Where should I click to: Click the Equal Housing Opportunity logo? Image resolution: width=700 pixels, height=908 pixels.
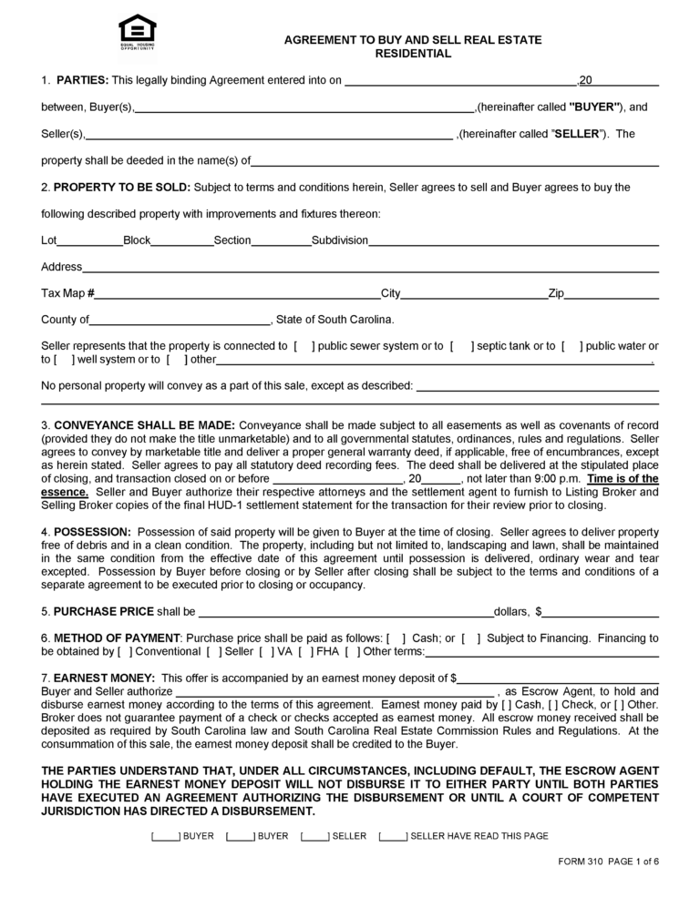click(x=138, y=30)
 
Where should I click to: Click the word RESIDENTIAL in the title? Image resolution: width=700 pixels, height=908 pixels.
click(x=413, y=54)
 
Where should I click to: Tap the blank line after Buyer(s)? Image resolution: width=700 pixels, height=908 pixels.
click(x=304, y=107)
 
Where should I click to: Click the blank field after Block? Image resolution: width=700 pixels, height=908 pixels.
click(x=181, y=240)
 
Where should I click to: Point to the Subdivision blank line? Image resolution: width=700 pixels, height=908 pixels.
click(x=513, y=240)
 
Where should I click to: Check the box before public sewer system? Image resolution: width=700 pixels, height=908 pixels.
click(x=304, y=346)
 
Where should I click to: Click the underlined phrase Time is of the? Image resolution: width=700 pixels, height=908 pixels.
click(x=623, y=478)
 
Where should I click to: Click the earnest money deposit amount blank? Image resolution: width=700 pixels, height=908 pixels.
click(x=558, y=678)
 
